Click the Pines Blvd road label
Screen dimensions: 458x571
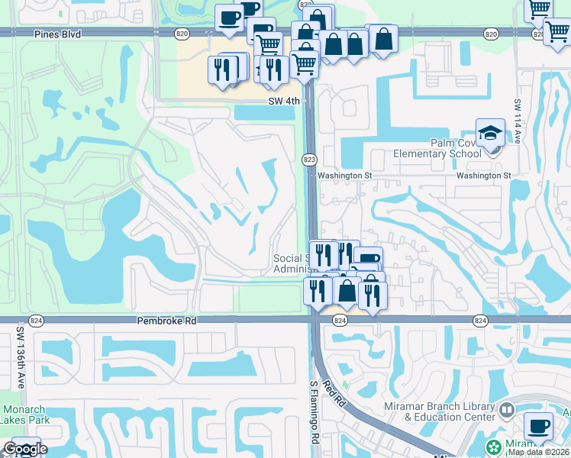[58, 34]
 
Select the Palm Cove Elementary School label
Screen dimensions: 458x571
[437, 148]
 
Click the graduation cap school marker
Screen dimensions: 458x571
[489, 133]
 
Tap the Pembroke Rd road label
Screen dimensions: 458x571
[166, 321]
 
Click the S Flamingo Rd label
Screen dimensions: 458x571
[314, 413]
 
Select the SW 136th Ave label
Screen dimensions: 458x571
[21, 358]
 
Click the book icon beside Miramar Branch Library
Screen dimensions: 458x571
[505, 411]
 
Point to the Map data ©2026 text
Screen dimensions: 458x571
[538, 452]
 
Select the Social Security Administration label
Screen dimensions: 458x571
[290, 263]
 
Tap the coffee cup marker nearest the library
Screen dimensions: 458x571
[539, 426]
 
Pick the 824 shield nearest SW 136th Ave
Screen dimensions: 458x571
[36, 321]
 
